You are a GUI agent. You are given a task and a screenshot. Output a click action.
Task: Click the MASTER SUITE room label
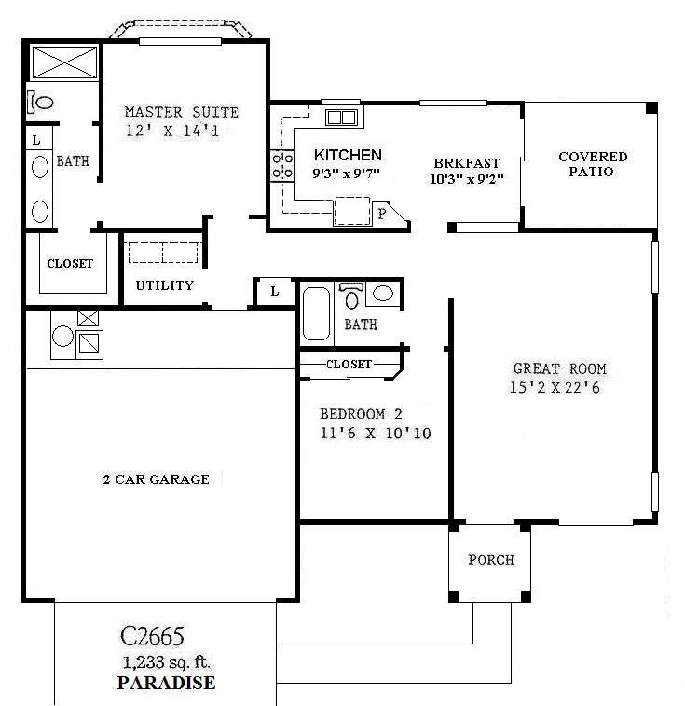click(182, 112)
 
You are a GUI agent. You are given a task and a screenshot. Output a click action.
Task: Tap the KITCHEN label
click(347, 155)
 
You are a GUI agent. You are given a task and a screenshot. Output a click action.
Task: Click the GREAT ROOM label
click(554, 368)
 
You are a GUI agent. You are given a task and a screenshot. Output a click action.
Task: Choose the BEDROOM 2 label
click(363, 414)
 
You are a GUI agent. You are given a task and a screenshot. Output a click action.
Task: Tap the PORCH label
click(490, 560)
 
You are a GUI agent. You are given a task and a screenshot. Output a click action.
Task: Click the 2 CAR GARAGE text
click(156, 479)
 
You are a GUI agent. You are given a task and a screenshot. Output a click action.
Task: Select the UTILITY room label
click(165, 285)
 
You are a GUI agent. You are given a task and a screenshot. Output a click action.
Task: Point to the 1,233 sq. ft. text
click(166, 663)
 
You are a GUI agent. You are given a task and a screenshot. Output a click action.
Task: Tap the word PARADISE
click(166, 683)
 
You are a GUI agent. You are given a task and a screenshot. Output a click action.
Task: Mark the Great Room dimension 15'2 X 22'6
click(554, 387)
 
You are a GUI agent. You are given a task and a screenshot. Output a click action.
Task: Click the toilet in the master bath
click(42, 101)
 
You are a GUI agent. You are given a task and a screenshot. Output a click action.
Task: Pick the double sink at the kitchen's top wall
click(340, 118)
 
